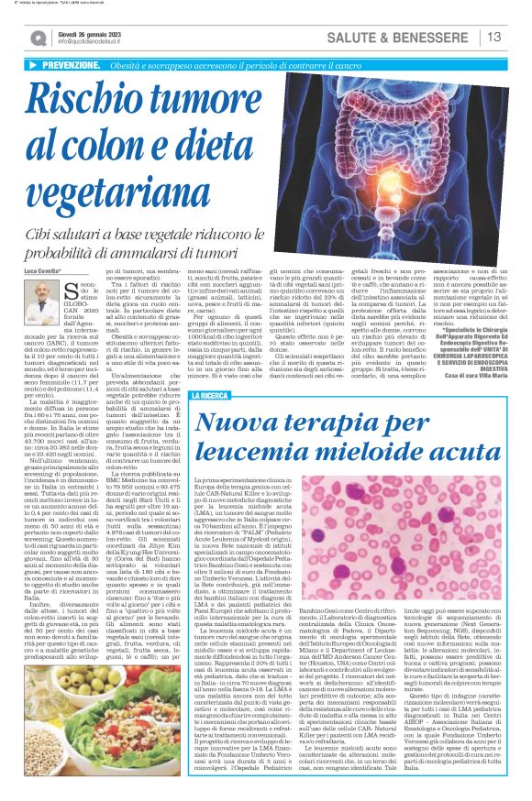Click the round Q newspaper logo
38,38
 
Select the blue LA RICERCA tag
210,395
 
